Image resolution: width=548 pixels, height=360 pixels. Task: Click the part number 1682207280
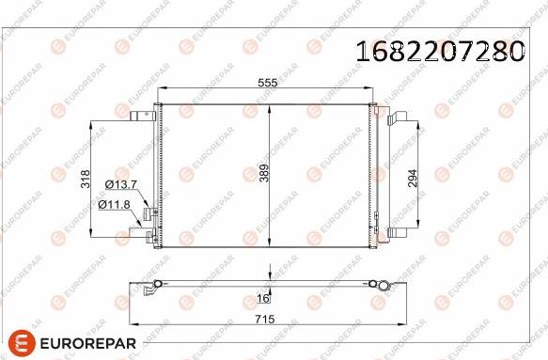pos(440,51)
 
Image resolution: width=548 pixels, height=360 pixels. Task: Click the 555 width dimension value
pos(267,83)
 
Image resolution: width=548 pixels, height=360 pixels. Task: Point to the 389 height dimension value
pos(264,173)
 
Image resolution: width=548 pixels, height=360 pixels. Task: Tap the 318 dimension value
pos(86,179)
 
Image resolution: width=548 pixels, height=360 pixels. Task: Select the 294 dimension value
pos(413,179)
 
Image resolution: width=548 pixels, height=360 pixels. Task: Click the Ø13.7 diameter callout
pos(121,184)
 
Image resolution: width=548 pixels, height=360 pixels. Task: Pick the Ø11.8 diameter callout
pos(114,205)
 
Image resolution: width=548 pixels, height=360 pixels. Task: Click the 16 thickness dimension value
pos(263,298)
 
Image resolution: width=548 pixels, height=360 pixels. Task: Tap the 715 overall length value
pos(265,319)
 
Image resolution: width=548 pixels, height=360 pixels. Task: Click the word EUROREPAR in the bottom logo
pos(88,343)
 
